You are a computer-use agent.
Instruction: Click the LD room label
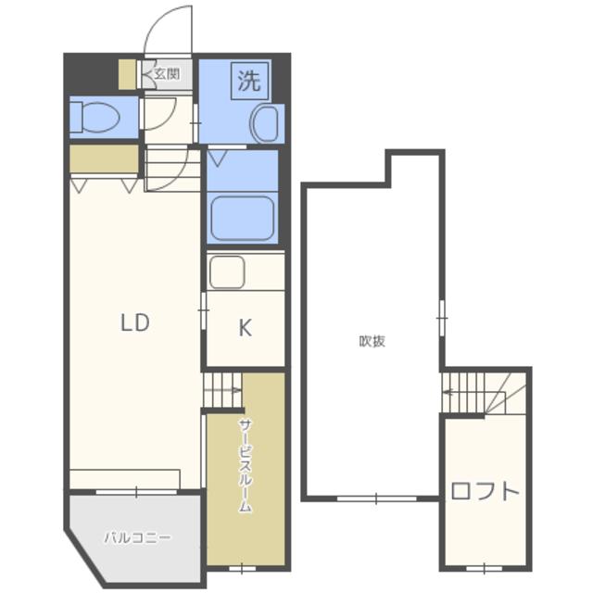coord(135,322)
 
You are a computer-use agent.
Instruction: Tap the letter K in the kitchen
coord(245,327)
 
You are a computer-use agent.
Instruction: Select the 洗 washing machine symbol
coord(249,81)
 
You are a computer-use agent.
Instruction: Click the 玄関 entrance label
coord(167,74)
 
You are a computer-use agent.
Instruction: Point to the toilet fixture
coord(95,117)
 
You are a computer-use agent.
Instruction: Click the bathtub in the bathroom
coord(243,219)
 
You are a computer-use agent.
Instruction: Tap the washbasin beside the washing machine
coord(267,124)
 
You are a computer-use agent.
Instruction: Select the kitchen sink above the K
coord(227,271)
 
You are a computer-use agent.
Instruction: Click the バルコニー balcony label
coord(137,537)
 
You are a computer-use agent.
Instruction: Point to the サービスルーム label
coord(245,465)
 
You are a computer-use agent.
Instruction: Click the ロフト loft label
coord(485,491)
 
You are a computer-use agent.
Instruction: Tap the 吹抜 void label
coord(372,341)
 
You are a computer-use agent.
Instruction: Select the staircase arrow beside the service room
coord(223,390)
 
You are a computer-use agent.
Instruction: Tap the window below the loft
coord(484,568)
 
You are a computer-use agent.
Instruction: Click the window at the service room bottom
coord(242,568)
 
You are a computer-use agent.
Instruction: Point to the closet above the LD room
coord(104,159)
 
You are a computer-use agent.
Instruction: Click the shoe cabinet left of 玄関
coord(128,74)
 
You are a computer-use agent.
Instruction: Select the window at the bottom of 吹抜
coord(377,498)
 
